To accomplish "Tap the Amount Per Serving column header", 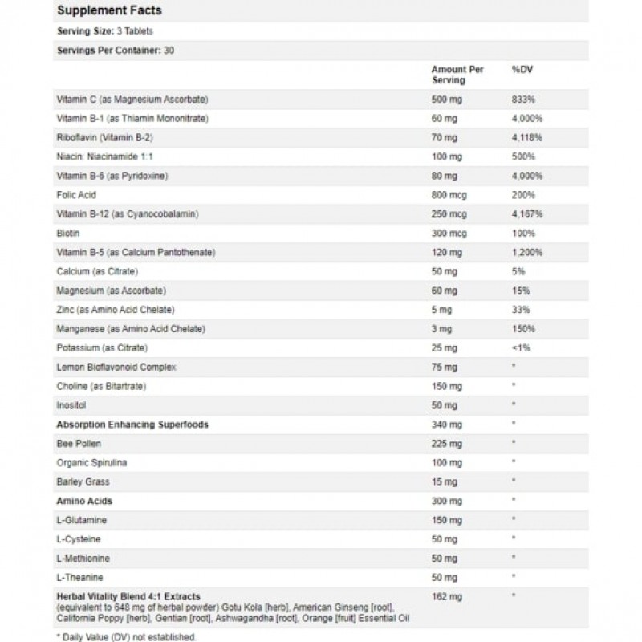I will (x=457, y=75).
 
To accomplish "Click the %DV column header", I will (x=522, y=70).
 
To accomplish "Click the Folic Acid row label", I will (x=76, y=194).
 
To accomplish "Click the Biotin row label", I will (x=67, y=234).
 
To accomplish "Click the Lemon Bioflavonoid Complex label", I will (x=116, y=367).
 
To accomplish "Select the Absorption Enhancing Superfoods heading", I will (x=132, y=424).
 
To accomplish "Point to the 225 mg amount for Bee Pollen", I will (x=445, y=443).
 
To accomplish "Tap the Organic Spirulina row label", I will (x=91, y=462).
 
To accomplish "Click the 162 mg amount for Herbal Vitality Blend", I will (x=445, y=596).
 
